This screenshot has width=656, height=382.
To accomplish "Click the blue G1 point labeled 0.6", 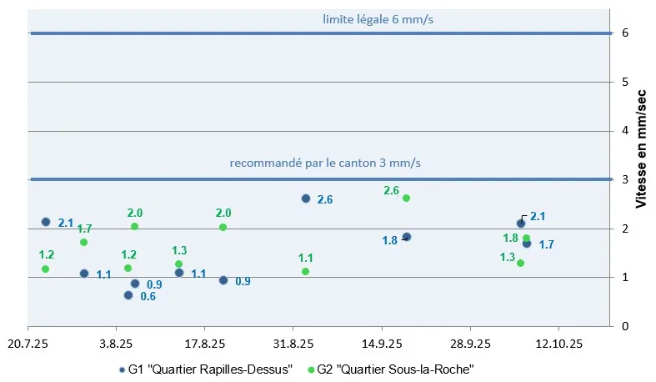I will click(128, 295).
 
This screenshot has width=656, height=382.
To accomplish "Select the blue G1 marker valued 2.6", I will click(306, 199).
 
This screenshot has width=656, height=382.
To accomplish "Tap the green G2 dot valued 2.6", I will click(406, 199).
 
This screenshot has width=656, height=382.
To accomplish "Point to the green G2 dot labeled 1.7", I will click(83, 242).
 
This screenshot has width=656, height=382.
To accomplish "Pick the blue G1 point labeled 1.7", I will click(527, 244).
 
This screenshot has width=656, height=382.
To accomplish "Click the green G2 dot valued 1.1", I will click(305, 271).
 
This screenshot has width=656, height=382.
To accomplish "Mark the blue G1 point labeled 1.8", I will click(407, 237).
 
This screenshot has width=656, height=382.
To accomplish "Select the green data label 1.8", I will click(511, 238).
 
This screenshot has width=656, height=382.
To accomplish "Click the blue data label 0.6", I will click(148, 296).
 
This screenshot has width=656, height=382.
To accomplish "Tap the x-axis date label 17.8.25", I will click(204, 343).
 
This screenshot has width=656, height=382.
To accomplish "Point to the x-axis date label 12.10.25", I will click(558, 343).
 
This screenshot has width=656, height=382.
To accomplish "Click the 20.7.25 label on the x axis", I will click(28, 343).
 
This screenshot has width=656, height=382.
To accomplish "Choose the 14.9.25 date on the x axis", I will click(382, 343).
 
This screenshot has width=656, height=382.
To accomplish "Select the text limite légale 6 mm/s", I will click(378, 18).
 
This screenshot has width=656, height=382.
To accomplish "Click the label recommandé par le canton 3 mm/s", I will click(325, 163).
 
